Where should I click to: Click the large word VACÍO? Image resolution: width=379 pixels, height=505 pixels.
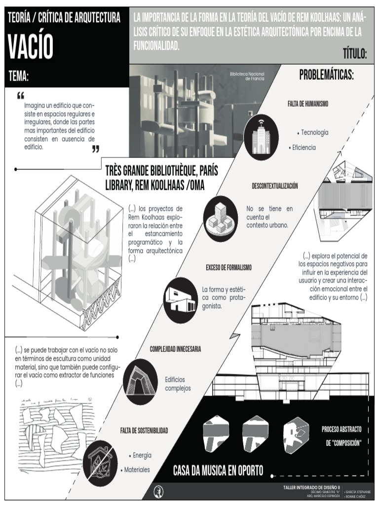click(30, 47)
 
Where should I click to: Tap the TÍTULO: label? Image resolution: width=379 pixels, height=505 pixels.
click(354, 54)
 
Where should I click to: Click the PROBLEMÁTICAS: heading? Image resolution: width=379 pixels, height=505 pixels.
click(327, 75)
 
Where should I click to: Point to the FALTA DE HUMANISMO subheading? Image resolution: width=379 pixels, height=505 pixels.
click(308, 104)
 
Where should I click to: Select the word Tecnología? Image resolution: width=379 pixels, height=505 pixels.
click(314, 133)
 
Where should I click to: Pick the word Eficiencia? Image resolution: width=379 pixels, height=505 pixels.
click(303, 147)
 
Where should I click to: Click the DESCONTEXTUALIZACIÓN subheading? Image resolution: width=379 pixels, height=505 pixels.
click(274, 186)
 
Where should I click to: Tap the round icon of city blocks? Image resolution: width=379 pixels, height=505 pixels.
click(220, 218)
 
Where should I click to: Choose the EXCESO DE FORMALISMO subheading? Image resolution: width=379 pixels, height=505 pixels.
click(228, 267)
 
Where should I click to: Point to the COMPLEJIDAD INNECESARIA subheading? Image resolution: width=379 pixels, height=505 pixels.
click(175, 349)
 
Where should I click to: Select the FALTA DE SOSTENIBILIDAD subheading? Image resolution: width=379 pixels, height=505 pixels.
click(144, 431)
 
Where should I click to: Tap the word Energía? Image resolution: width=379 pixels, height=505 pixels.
click(142, 455)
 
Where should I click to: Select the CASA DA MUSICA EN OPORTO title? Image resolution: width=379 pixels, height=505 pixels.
click(218, 470)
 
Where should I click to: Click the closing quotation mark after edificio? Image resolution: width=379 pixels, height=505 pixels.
click(96, 149)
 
